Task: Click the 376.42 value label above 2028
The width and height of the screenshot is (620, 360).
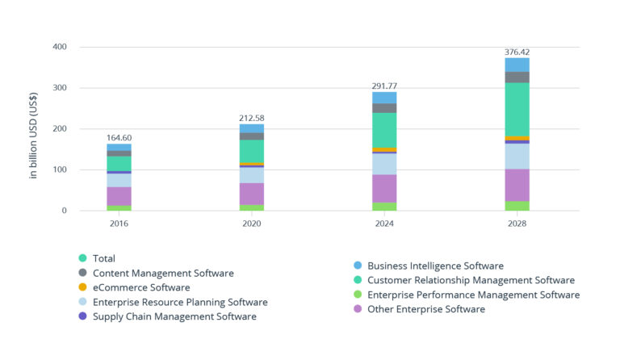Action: click(x=517, y=52)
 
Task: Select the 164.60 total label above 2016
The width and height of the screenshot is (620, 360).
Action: click(x=119, y=138)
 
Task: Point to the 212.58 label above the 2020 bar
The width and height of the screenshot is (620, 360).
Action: click(x=251, y=118)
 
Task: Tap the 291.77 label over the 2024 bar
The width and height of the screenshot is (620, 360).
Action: click(x=383, y=86)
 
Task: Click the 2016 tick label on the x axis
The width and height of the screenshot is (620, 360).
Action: click(x=119, y=224)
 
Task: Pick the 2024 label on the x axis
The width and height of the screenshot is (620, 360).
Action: click(x=383, y=224)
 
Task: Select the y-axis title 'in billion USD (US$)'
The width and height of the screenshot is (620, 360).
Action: click(x=34, y=129)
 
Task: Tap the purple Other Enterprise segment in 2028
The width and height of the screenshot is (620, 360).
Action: click(x=517, y=185)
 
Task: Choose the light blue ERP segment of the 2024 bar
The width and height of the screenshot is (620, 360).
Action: click(x=383, y=164)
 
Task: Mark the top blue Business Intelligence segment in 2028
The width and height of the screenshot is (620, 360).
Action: click(x=517, y=65)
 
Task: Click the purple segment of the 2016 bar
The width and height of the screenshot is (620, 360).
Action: click(x=119, y=196)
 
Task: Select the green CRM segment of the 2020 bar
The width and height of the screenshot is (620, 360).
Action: click(x=251, y=151)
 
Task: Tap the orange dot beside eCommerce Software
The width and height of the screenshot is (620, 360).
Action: click(x=82, y=287)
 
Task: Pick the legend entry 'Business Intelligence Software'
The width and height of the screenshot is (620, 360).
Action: click(x=434, y=266)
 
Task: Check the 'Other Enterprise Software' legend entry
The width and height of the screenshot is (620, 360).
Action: click(x=425, y=309)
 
